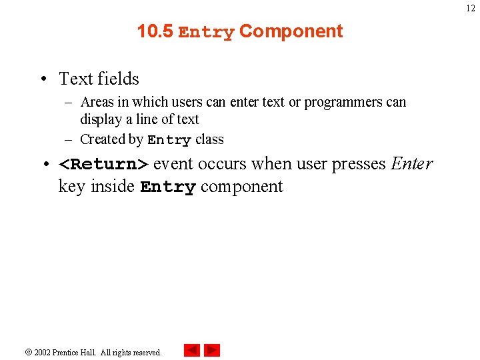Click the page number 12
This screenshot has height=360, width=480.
(x=471, y=8)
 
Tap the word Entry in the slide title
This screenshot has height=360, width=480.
(x=206, y=32)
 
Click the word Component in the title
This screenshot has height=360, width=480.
(x=291, y=31)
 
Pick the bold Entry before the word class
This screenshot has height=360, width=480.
(x=169, y=140)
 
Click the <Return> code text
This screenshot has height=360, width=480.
(x=104, y=164)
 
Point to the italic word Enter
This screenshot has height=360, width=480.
(x=411, y=163)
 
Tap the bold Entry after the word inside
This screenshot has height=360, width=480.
(x=168, y=187)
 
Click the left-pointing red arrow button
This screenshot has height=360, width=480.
(x=192, y=350)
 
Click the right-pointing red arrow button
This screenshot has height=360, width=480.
(x=212, y=350)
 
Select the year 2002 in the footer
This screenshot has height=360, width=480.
(x=43, y=352)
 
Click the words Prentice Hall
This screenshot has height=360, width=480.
(x=75, y=352)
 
